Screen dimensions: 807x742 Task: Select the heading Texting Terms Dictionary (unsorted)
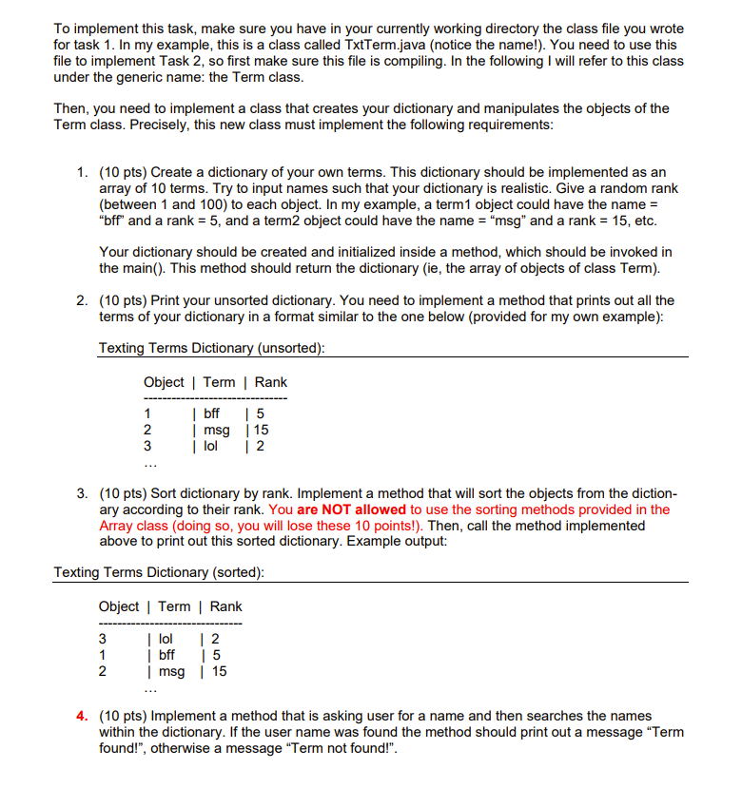click(x=212, y=348)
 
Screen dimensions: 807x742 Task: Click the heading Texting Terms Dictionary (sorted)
click(x=160, y=572)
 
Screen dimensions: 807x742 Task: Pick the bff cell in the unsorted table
click(x=211, y=413)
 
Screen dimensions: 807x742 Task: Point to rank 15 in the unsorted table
click(x=260, y=430)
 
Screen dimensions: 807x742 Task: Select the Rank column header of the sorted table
click(x=225, y=606)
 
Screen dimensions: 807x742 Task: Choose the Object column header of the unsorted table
click(x=164, y=382)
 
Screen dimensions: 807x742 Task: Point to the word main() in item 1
click(x=140, y=268)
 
